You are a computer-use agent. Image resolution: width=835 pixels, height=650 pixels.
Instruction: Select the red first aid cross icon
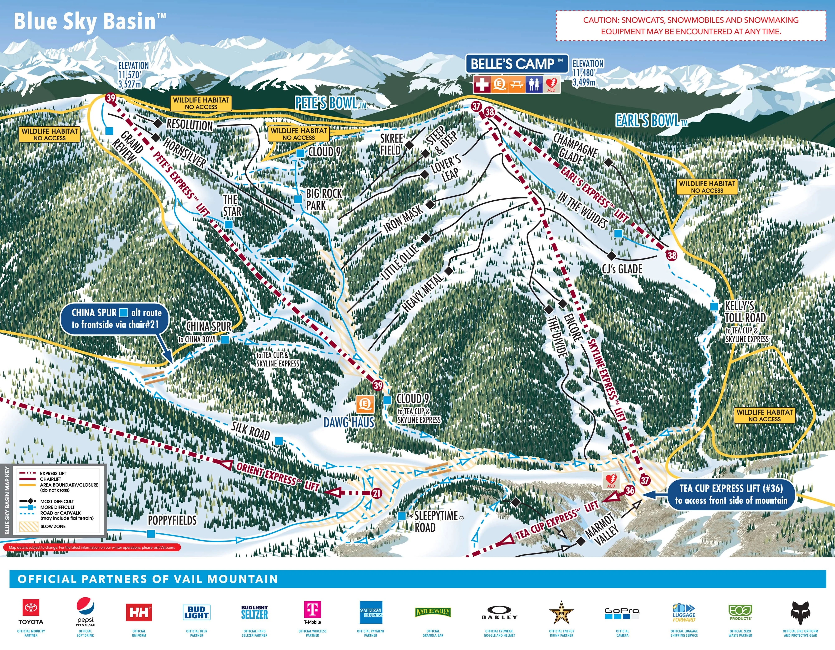[x=482, y=84]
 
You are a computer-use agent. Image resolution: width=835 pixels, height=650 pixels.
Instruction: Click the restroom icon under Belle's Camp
[x=534, y=84]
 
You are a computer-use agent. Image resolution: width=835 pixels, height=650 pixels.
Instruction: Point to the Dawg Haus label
[x=349, y=422]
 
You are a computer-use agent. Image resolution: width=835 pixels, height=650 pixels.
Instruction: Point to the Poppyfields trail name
[x=172, y=520]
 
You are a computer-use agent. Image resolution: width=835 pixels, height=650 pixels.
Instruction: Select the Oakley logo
[x=499, y=613]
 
